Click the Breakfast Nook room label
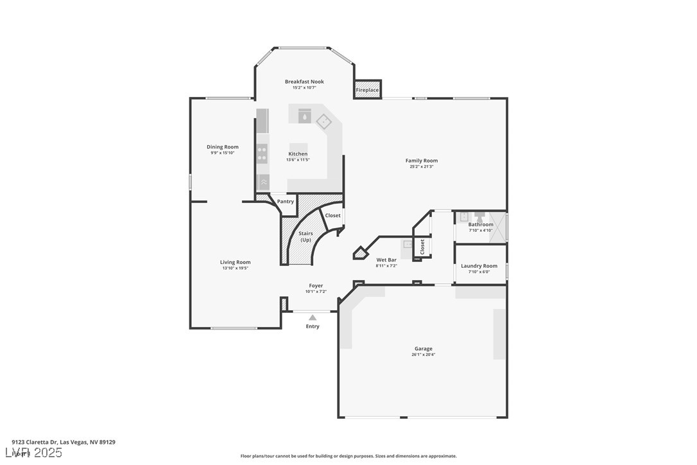coord(304,82)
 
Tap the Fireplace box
coord(368,90)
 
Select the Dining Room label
coord(223,147)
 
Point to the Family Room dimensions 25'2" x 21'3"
coord(422,167)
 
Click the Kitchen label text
coord(298,154)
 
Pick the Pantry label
coord(286,202)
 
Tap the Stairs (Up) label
coord(306,236)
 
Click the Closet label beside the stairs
coord(332,216)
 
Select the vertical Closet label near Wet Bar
coord(422,247)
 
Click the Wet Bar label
coord(386,259)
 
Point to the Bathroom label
coord(481,225)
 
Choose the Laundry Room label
coord(479,266)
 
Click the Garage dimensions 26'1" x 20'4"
coord(424,355)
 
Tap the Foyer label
coord(316,286)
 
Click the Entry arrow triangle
coord(313,317)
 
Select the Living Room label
coord(236,262)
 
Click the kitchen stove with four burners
coord(262,154)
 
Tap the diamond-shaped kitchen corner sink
coord(324,120)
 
